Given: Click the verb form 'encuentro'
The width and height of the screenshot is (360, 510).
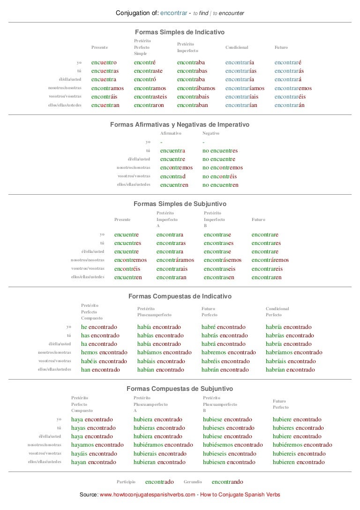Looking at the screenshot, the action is point(104,62).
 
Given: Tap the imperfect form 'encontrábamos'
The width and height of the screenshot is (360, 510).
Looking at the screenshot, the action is point(196,88).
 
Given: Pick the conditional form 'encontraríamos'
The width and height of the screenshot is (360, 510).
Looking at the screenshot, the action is point(245,88).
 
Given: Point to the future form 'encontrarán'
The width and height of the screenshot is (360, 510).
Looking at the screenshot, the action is point(290,105).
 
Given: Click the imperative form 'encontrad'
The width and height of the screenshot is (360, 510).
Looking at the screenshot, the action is point(172,176).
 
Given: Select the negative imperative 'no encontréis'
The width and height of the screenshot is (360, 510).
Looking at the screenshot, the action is point(220,176).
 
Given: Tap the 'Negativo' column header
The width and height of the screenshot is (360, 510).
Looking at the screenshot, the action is point(210,133).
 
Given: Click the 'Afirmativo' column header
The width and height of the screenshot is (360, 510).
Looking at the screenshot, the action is point(171,133).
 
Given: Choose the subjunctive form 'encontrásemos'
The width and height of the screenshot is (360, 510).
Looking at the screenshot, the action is point(223,260).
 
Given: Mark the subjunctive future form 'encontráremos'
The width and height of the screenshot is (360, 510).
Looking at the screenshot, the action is point(270,260).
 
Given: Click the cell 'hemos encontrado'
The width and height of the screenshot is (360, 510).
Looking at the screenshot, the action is point(104,352).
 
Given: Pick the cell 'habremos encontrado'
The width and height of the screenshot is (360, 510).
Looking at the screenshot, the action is point(228,352).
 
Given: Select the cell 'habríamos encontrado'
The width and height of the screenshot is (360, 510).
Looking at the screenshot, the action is point(294,352).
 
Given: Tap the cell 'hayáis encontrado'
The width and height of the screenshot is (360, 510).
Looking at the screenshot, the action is point(94,454).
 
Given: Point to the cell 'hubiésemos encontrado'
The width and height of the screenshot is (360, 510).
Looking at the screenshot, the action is point(232,445).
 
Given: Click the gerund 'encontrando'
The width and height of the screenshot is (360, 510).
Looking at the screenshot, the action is point(227,482).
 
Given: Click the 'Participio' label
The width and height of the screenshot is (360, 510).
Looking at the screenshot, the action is point(126,482).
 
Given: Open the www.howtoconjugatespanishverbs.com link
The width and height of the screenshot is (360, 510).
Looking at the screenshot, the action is point(148,495).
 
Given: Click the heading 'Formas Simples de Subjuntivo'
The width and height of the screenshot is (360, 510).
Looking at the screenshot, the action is point(180,204).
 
